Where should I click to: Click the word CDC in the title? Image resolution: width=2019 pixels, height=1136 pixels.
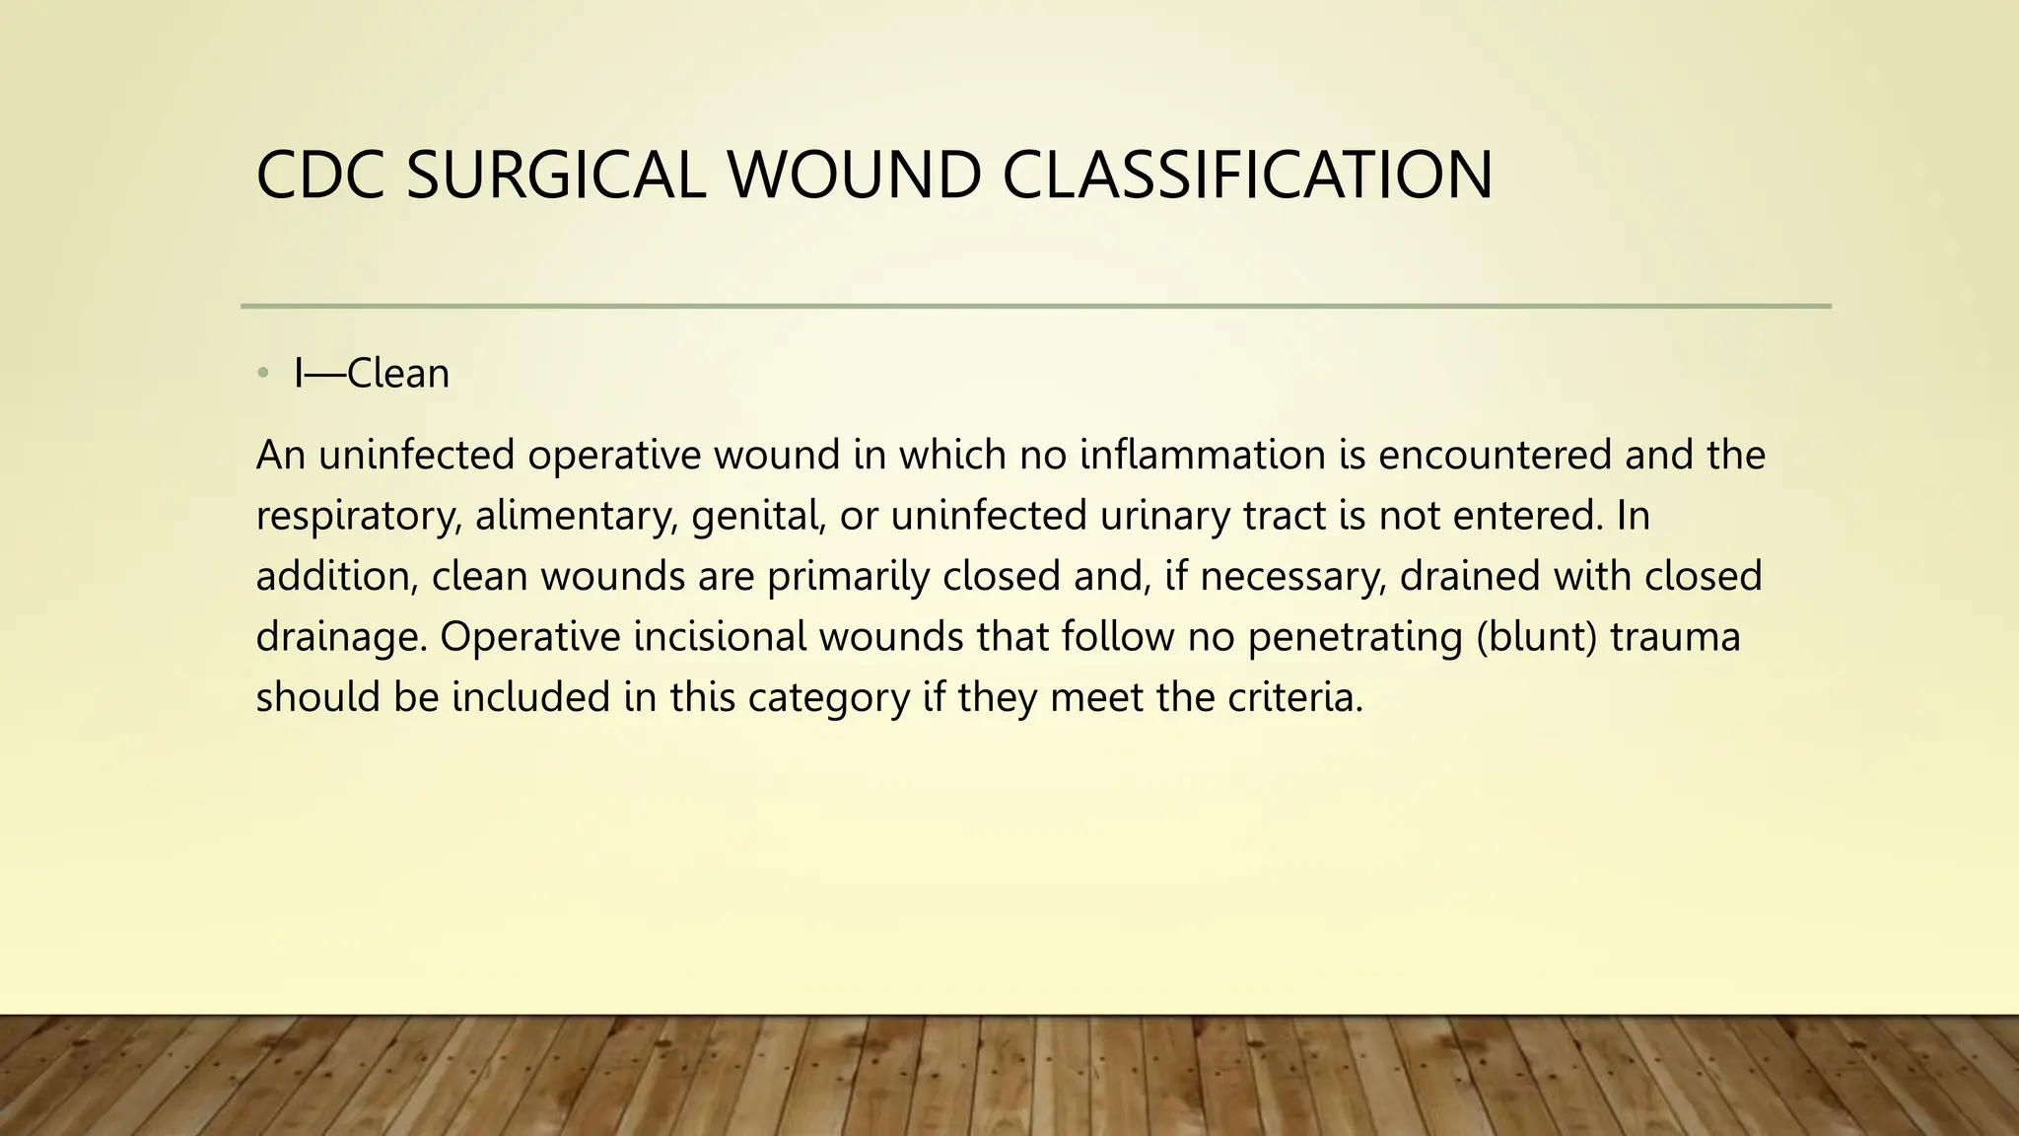(x=319, y=176)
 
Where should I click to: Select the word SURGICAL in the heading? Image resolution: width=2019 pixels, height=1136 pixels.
(x=556, y=176)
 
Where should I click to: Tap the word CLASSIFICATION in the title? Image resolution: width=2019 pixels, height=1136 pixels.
(x=1247, y=176)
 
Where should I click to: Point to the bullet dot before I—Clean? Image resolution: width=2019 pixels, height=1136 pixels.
(x=262, y=373)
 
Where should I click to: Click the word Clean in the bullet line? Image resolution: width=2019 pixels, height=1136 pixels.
(x=398, y=374)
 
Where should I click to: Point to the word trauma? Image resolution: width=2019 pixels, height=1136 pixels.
(x=1675, y=637)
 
